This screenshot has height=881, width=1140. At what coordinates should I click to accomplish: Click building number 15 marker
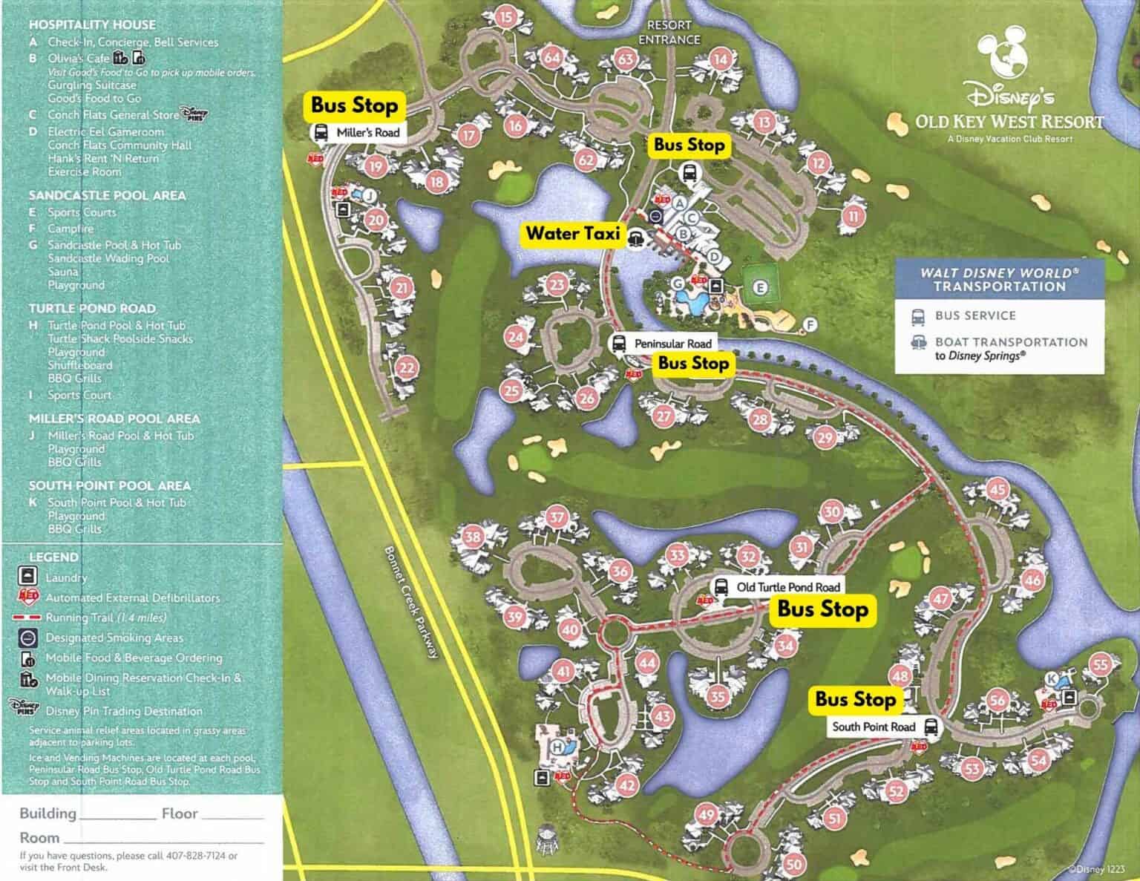[505, 17]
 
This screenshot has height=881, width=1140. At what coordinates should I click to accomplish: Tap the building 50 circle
[794, 864]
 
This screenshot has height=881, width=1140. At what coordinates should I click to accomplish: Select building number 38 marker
[473, 537]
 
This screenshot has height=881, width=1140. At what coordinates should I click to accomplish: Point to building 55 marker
[1100, 664]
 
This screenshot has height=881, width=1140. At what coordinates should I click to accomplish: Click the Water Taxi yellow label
[572, 234]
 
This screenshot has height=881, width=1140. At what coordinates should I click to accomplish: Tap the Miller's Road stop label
[367, 133]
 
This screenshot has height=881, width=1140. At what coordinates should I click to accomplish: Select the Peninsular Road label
[672, 344]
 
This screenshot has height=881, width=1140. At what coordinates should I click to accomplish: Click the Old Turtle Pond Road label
[787, 587]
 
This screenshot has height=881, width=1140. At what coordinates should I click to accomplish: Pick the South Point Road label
[874, 727]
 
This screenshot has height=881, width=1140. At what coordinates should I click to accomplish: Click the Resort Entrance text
[669, 33]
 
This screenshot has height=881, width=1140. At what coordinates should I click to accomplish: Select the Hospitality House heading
[92, 24]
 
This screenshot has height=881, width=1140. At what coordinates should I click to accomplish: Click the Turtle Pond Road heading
[92, 308]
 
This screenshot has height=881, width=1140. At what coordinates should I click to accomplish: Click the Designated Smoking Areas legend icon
[27, 638]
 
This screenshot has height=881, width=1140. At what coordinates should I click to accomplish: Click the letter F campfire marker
[810, 324]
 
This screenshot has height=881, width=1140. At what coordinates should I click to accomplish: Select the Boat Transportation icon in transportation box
[920, 343]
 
